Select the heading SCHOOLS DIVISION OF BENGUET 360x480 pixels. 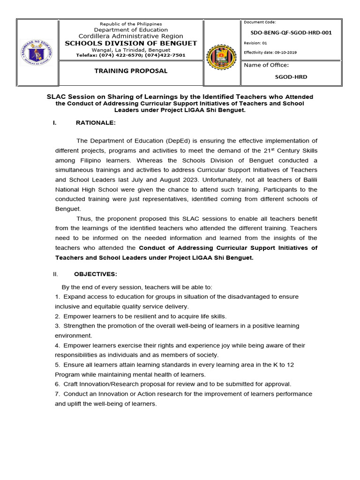[131, 43]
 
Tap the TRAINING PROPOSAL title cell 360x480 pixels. [131, 71]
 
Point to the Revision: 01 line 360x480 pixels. [255, 43]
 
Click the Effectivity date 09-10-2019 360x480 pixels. [270, 52]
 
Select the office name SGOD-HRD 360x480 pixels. [293, 76]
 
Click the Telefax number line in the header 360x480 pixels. [131, 55]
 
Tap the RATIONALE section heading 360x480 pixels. [95, 123]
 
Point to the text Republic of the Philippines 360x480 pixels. [131, 24]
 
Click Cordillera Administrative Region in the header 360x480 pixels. [131, 36]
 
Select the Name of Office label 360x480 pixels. [266, 65]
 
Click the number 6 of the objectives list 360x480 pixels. [57, 383]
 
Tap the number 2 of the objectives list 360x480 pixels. [57, 316]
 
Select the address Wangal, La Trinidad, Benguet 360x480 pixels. [131, 50]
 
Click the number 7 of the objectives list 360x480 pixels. [57, 394]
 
